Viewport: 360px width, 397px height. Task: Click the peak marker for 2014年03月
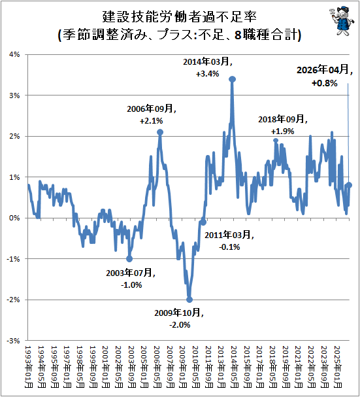[x=232, y=79]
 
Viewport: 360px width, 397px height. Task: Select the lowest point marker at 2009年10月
[x=189, y=300]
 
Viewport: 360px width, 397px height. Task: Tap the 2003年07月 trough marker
[x=129, y=259]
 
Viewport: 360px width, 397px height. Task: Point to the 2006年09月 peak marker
[x=160, y=132]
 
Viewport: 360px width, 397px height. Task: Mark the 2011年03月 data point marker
[x=203, y=222]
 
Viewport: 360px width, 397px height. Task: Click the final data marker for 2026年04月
[x=350, y=185]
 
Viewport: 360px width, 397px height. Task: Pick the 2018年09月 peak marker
[x=276, y=141]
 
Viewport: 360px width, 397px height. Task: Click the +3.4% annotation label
[x=208, y=74]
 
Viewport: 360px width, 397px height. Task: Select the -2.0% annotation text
[x=180, y=325]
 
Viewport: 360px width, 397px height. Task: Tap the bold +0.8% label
[x=325, y=83]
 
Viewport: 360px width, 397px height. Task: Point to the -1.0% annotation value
[x=131, y=285]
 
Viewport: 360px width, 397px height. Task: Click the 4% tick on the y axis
[x=14, y=54]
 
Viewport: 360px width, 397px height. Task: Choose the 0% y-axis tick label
[x=14, y=218]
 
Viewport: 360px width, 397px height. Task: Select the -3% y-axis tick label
[x=14, y=341]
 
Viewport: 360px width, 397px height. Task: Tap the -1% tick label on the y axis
[x=14, y=259]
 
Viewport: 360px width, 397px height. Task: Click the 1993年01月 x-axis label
[x=28, y=367]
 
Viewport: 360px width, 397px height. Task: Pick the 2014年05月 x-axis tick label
[x=234, y=367]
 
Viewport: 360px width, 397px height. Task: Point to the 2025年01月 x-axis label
[x=337, y=367]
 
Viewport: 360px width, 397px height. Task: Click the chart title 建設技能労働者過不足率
[x=180, y=17]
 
